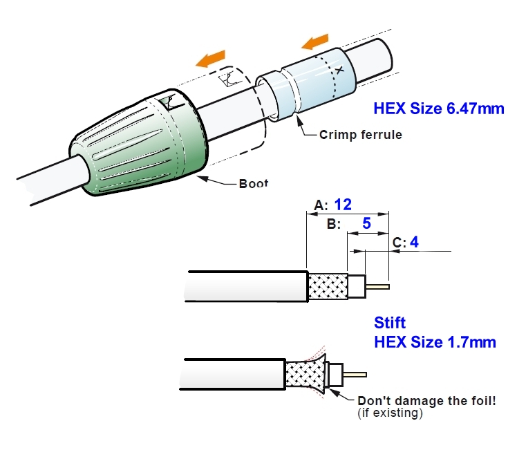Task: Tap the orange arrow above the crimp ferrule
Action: tap(317, 41)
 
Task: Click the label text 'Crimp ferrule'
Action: tap(360, 135)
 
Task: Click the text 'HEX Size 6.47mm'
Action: tap(439, 109)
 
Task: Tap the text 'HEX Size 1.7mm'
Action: tap(435, 341)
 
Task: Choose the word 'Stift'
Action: tap(390, 322)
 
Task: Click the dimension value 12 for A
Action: tap(344, 205)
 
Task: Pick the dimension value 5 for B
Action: tap(366, 224)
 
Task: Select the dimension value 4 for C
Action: tap(414, 242)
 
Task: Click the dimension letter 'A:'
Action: tap(321, 205)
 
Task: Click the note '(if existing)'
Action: tap(389, 413)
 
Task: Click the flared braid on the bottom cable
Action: tap(305, 377)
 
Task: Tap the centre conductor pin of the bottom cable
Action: tap(355, 375)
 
